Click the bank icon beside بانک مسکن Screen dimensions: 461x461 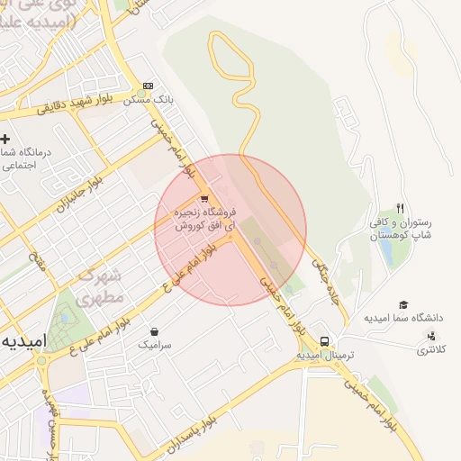[x=148, y=86]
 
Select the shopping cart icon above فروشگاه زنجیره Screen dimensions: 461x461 [x=204, y=199]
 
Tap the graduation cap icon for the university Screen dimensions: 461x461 [x=403, y=305]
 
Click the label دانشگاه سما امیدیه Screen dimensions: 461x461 [x=404, y=318]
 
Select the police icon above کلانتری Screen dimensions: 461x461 [x=430, y=336]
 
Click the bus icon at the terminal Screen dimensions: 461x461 [x=324, y=341]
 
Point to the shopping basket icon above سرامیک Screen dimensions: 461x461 [x=154, y=331]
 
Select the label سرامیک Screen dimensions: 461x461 [x=154, y=344]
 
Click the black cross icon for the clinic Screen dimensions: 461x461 [x=5, y=139]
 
